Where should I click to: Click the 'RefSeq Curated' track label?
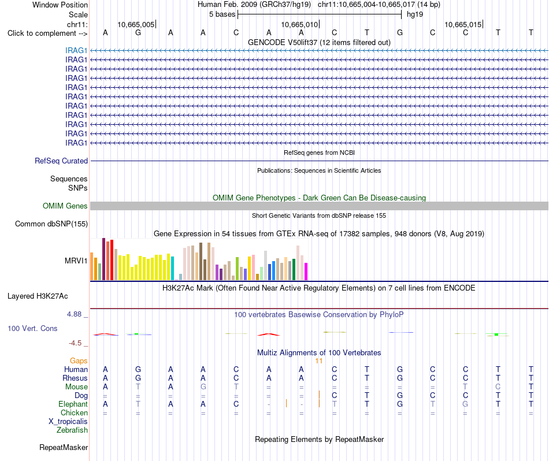coord(61,161)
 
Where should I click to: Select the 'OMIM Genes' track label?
coord(65,206)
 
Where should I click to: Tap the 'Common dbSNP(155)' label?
coord(51,224)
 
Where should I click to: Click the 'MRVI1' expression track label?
coord(76,261)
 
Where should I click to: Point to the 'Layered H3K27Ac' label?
coord(38,296)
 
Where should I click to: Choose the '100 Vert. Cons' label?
coord(32,328)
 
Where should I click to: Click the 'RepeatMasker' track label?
coord(64,447)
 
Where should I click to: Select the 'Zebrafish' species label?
coord(72,430)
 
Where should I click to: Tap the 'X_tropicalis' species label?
coord(68,422)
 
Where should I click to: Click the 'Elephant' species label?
coord(73,404)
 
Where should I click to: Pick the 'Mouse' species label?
coord(77,387)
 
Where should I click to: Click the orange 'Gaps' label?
coord(79,360)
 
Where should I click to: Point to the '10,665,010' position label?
coord(300,24)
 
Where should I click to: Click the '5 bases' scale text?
coord(222,14)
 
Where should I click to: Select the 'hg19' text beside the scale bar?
coord(415,14)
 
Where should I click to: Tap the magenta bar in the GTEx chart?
coord(306,272)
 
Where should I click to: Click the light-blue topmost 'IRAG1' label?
coord(76,50)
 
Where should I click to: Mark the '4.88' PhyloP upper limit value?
coord(74,314)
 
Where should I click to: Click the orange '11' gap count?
coord(318,361)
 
